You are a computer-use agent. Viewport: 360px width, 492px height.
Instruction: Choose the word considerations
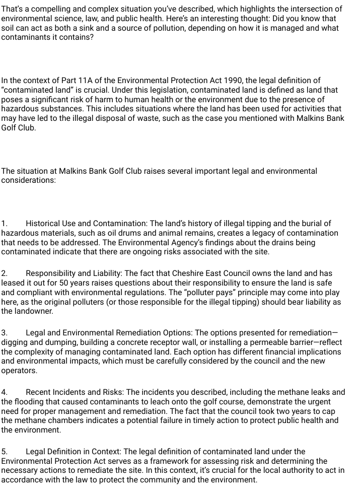(x=28, y=180)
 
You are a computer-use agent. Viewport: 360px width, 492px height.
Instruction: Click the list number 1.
(x=4, y=224)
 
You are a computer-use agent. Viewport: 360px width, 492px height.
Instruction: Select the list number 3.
(x=4, y=333)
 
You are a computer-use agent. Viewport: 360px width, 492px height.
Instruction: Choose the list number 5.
(x=4, y=452)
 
